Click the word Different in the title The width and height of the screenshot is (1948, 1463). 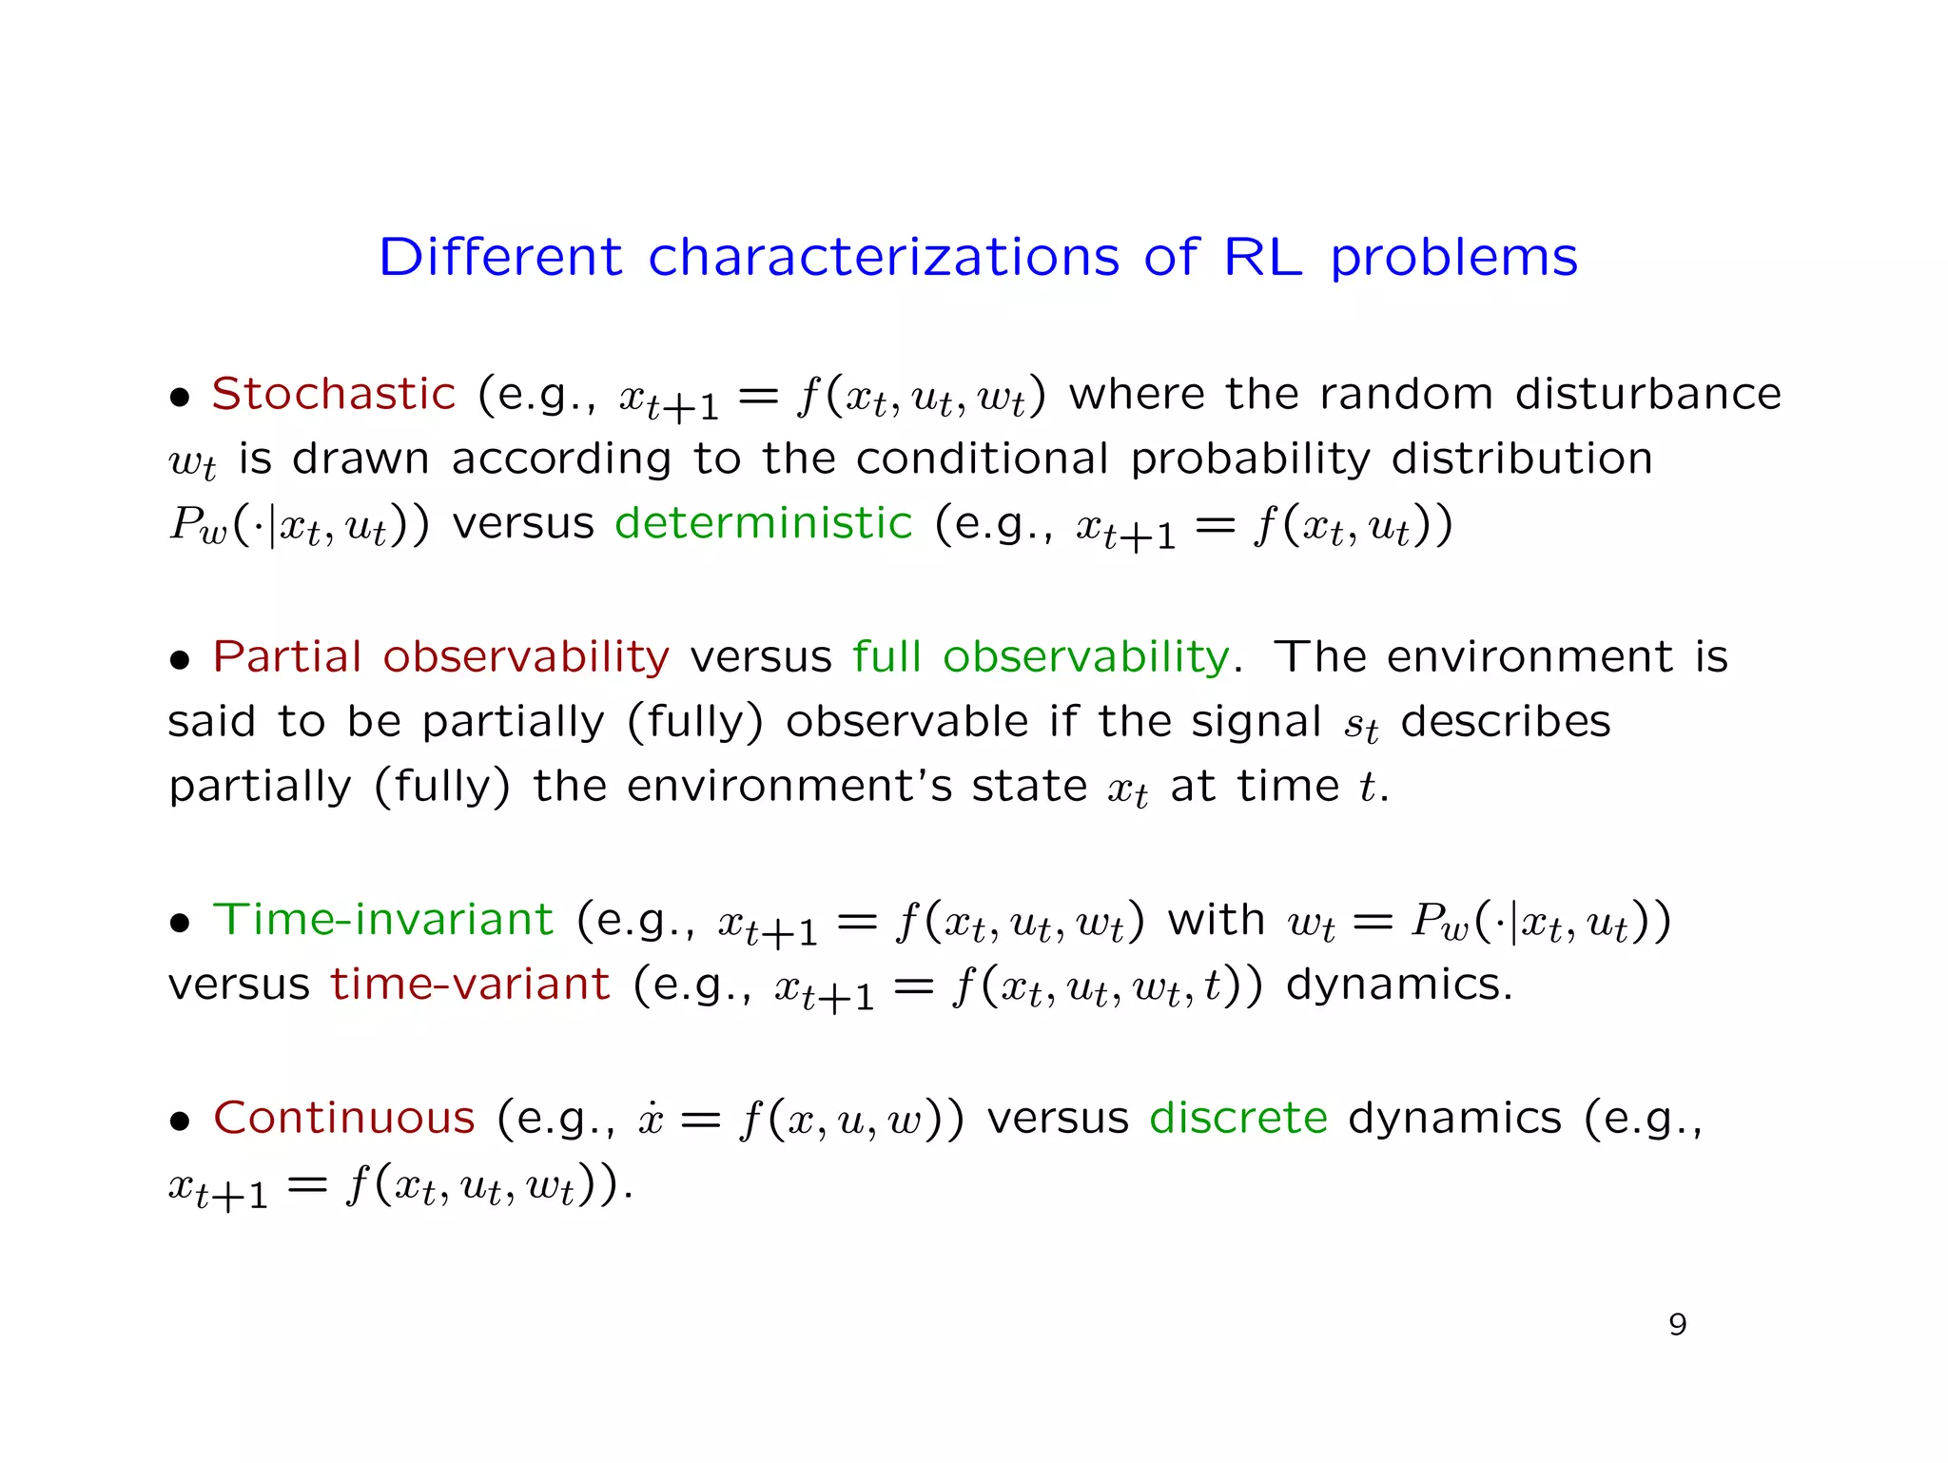click(499, 257)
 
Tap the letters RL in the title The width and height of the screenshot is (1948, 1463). click(1262, 257)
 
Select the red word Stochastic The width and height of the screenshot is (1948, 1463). click(333, 394)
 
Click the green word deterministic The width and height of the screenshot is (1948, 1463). click(763, 523)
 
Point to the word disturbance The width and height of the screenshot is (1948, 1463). click(1647, 394)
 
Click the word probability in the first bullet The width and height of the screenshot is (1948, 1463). click(1250, 459)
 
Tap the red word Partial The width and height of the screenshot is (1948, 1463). click(287, 656)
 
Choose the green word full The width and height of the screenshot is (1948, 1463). click(886, 656)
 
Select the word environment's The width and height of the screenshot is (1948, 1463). click(789, 787)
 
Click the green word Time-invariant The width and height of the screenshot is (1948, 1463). click(382, 920)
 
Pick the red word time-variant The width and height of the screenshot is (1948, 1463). click(470, 985)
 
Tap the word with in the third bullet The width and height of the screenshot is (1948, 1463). click(1216, 920)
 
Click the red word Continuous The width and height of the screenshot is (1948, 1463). click(343, 1118)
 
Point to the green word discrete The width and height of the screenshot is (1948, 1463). click(1237, 1118)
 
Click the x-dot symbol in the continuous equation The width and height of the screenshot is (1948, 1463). click(651, 1120)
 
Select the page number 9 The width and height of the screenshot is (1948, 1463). click(1677, 1324)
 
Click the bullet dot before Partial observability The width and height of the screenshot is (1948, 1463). click(180, 660)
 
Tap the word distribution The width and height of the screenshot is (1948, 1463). click(1521, 459)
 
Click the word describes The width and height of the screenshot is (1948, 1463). click(1505, 721)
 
